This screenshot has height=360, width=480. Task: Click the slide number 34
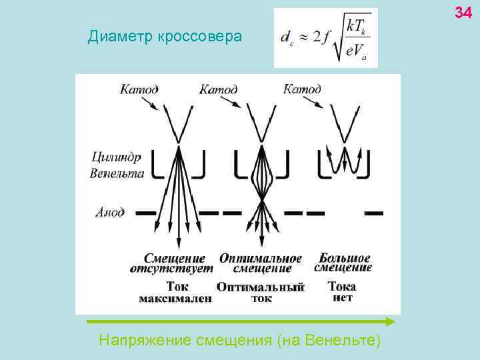(463, 11)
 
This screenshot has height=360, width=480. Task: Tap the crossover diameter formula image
(325, 38)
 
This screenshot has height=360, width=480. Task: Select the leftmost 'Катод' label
(139, 89)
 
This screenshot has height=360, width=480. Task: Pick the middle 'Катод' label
(219, 89)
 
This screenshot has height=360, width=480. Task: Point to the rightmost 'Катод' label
(302, 89)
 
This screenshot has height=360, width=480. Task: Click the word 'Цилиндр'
(116, 158)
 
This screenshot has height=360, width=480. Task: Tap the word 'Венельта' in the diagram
(117, 173)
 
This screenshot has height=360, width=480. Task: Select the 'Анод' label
(110, 213)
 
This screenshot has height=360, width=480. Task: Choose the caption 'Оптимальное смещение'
(261, 263)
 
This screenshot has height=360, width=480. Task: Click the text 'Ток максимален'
(175, 293)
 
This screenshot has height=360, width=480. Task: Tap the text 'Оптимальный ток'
(261, 293)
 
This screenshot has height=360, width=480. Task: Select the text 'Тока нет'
(342, 291)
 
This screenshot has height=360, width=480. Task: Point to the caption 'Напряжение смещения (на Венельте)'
(240, 341)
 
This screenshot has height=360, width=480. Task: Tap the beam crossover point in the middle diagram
(261, 199)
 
